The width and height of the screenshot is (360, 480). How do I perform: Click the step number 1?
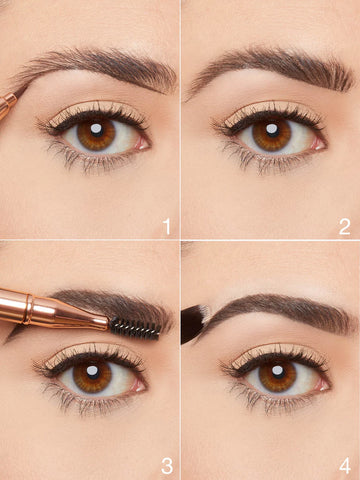click(166, 226)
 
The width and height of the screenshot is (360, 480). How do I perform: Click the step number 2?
click(344, 226)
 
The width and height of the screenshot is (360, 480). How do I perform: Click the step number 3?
click(166, 465)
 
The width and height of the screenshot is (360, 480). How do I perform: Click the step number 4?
click(344, 465)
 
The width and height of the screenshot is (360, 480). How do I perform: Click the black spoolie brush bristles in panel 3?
click(134, 327)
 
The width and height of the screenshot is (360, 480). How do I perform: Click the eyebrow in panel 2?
click(275, 65)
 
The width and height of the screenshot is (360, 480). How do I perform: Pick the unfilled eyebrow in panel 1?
click(100, 64)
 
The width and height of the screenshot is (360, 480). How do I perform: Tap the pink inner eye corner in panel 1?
click(143, 141)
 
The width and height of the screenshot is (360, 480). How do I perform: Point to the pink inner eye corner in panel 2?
click(318, 141)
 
